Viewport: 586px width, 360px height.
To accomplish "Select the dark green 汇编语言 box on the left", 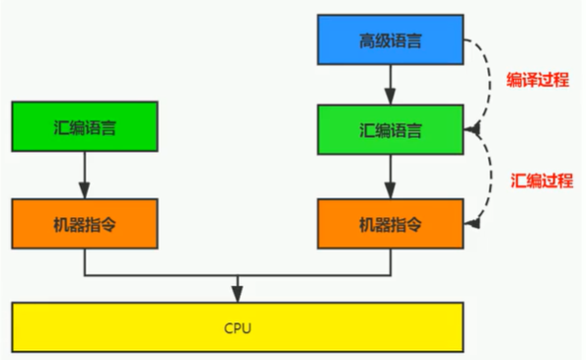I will [x=84, y=125].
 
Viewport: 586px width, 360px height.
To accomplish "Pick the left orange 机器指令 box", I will [x=84, y=223].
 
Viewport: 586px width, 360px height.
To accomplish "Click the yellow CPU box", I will [x=238, y=326].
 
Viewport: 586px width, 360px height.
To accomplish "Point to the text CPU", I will [x=238, y=326].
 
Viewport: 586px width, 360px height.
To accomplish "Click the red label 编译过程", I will [x=537, y=81].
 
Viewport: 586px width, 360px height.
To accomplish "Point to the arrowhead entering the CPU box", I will [x=238, y=295].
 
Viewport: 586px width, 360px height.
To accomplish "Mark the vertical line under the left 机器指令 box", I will [x=84, y=260].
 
